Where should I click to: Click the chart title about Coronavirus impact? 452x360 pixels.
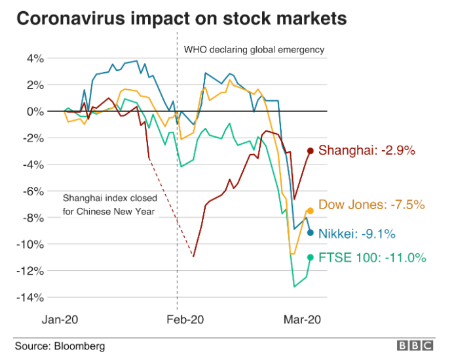(181, 18)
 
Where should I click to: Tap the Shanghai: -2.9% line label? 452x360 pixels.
(367, 151)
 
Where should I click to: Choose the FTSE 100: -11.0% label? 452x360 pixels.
(372, 258)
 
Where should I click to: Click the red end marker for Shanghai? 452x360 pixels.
(311, 151)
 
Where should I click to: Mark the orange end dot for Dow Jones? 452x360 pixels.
(311, 210)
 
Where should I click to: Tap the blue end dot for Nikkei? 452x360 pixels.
(311, 232)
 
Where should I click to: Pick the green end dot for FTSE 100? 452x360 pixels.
(311, 257)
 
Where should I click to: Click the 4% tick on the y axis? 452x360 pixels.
(35, 58)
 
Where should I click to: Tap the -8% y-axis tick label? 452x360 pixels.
(33, 218)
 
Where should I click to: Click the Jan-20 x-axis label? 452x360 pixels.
(60, 319)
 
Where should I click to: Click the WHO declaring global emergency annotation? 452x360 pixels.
(254, 50)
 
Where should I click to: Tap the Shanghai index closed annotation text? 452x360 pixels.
(109, 204)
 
